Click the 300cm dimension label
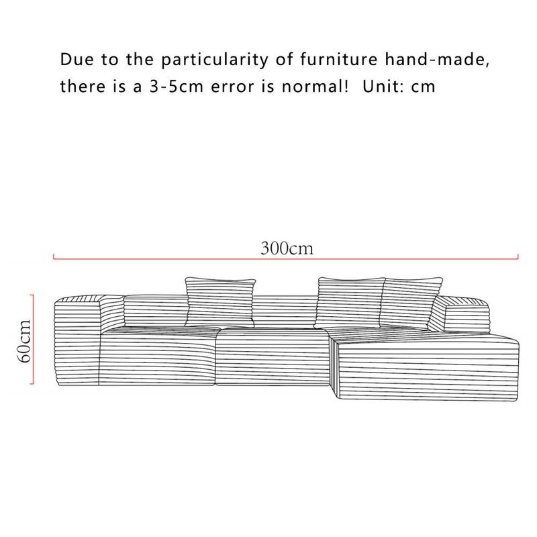pos(287,248)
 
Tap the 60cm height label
pos(24,341)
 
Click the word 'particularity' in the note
pos(215,60)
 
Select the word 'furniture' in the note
pos(339,59)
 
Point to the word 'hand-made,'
pos(438,59)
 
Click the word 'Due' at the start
pos(77,59)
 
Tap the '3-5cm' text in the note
pos(177,86)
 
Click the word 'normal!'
pos(315,86)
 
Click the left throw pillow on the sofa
pos(220,302)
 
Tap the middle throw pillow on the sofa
pos(350,303)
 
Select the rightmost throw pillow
pos(410,301)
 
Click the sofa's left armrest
pos(77,341)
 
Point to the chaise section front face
pos(428,371)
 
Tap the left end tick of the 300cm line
pos(54,256)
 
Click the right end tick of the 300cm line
pos(518,256)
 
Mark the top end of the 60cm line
pos(33,295)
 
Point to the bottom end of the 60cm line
pos(33,383)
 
